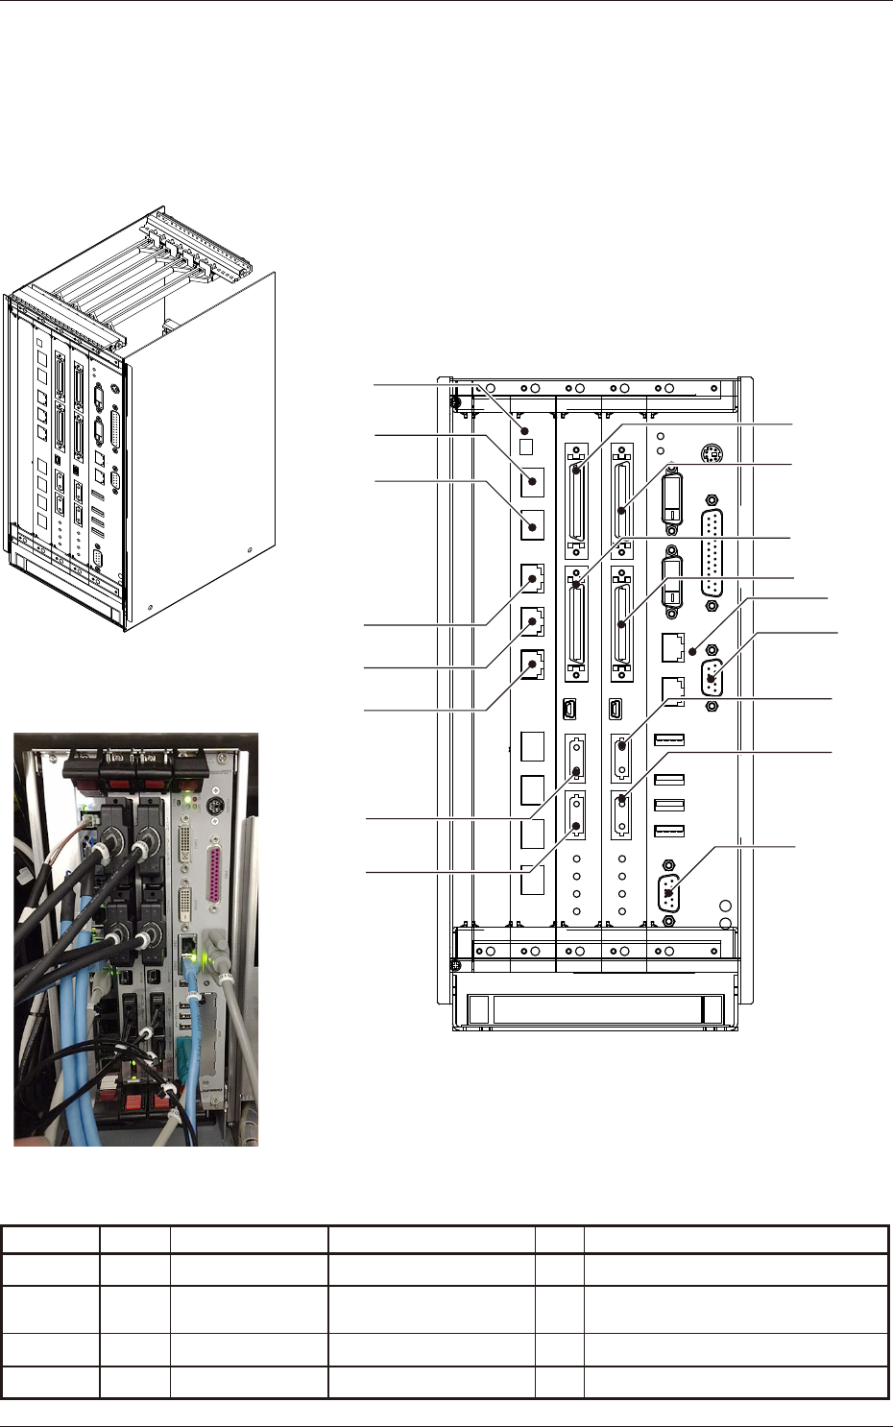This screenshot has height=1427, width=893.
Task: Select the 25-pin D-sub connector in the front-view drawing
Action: coord(712,552)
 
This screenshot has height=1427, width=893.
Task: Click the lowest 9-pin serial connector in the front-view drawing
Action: coord(670,892)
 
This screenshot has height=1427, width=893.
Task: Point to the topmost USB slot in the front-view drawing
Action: coord(669,739)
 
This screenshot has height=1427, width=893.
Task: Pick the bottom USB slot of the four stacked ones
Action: coord(669,829)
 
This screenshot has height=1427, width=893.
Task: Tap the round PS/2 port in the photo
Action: coord(216,807)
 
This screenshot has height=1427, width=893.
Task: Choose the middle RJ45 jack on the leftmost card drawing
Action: coord(531,621)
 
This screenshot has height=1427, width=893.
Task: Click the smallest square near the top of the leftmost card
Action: coord(525,447)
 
